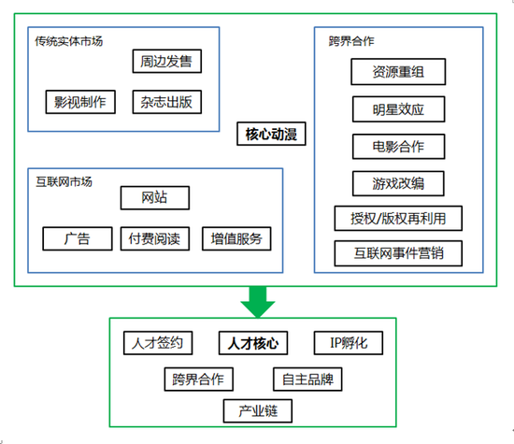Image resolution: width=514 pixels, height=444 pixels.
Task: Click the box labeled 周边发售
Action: coord(166,63)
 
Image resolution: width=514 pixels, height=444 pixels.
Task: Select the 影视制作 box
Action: coord(79,101)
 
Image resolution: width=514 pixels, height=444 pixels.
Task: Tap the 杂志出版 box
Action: coord(166,101)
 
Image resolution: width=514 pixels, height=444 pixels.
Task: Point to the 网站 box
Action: coord(154,198)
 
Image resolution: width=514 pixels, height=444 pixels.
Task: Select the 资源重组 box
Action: coord(398,72)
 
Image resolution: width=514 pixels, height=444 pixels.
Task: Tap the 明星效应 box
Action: coord(398,108)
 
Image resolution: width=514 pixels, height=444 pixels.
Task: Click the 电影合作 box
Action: coord(398,146)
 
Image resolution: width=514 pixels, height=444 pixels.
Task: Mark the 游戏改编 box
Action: coord(398,182)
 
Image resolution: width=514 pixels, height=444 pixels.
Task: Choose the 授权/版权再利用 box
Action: coord(398,219)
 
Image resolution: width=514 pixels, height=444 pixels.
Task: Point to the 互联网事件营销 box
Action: coord(398,253)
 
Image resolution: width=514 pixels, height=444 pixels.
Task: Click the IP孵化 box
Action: coord(348,343)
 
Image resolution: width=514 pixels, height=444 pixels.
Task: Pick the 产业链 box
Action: coord(258,411)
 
